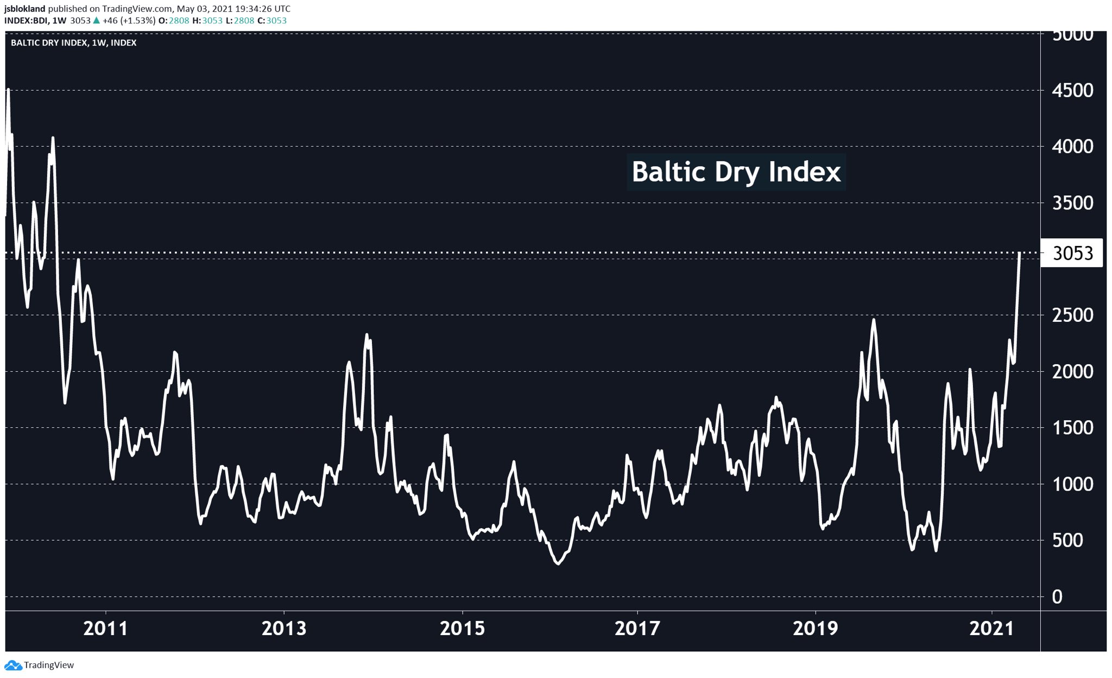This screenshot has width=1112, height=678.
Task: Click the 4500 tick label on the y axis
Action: [1072, 91]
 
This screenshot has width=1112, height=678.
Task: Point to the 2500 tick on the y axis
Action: [1072, 315]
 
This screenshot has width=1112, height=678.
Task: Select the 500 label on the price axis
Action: [1067, 541]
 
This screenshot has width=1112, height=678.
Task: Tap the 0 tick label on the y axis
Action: [1057, 597]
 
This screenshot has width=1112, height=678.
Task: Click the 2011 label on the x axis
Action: [105, 629]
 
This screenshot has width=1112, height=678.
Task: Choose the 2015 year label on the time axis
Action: [462, 629]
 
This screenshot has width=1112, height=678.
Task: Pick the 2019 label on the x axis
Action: [815, 629]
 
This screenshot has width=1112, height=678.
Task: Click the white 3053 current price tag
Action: [1072, 254]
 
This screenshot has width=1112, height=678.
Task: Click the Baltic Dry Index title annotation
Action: [736, 172]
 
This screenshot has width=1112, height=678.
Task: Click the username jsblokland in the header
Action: [24, 9]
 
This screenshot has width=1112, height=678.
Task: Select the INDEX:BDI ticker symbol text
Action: [26, 21]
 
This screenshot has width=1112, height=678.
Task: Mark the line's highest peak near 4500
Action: [8, 90]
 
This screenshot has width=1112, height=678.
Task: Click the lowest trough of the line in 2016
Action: [558, 564]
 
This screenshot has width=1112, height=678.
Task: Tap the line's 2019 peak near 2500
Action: [874, 320]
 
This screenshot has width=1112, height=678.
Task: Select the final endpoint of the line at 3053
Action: [1020, 253]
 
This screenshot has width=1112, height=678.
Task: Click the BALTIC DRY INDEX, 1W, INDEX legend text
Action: [73, 43]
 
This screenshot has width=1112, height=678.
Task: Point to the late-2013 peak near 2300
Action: [367, 335]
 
